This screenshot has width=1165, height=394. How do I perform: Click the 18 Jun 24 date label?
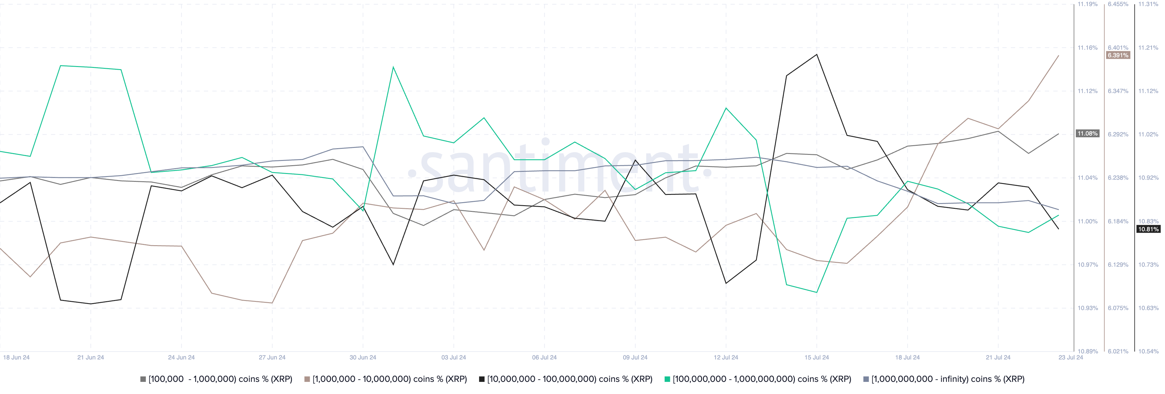point(16,357)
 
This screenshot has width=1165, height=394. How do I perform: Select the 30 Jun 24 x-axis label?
point(363,357)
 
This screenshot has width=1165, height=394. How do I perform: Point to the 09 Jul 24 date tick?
point(635,357)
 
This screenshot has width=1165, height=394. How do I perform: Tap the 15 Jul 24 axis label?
point(816,357)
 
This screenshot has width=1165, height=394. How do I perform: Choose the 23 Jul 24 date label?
point(1070,357)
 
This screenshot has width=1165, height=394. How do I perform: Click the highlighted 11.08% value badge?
point(1087,134)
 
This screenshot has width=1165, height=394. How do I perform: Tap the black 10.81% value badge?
point(1148,229)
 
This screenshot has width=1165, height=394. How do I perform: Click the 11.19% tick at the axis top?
point(1087,4)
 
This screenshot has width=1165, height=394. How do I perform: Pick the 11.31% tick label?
point(1148,4)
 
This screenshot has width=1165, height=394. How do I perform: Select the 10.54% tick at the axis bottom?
point(1148,351)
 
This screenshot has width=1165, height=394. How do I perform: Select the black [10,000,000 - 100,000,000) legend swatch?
point(482,379)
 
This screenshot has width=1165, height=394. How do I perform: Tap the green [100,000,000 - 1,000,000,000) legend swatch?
point(667,379)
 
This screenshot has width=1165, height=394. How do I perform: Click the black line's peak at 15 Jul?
point(816,55)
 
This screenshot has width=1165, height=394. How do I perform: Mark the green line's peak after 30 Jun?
point(393,67)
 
